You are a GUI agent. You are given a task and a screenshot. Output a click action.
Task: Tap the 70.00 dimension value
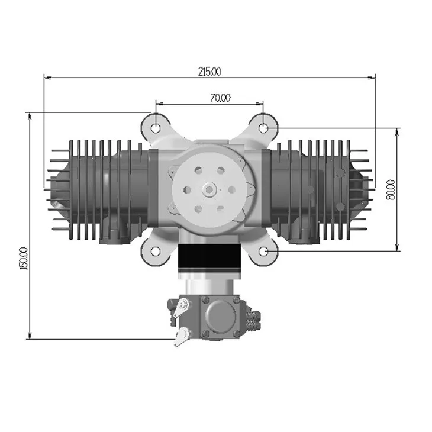[x=220, y=98]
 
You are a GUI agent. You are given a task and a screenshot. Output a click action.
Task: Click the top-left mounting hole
[x=155, y=127]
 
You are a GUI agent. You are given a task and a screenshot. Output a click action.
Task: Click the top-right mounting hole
[x=265, y=127]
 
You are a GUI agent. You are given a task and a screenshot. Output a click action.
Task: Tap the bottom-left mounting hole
[x=155, y=251]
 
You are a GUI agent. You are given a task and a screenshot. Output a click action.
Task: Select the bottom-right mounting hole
[x=265, y=251]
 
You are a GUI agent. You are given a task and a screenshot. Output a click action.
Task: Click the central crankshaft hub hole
[x=209, y=189]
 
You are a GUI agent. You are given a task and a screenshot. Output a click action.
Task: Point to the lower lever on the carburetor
[x=181, y=336]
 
